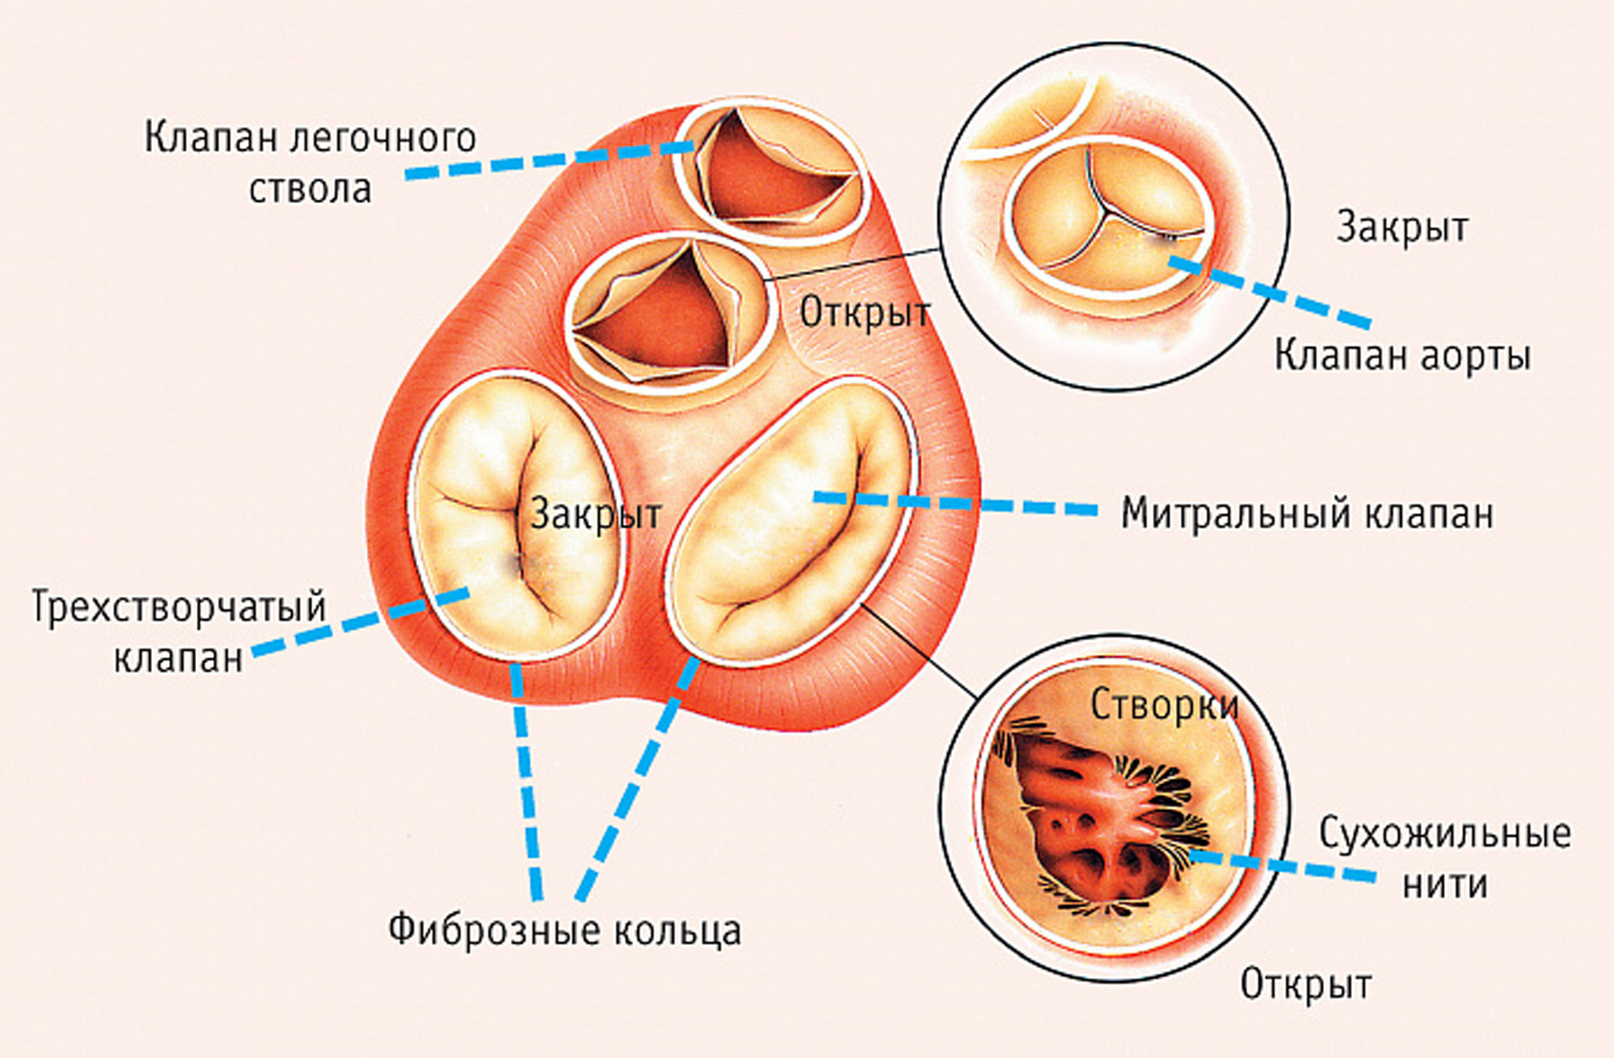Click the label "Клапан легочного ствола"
pyautogui.click(x=310, y=161)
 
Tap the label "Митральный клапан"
pyautogui.click(x=1308, y=513)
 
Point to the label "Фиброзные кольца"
pyautogui.click(x=565, y=929)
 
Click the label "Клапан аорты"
pyautogui.click(x=1402, y=356)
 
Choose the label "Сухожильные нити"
pyautogui.click(x=1444, y=857)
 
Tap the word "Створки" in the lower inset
pyautogui.click(x=1164, y=705)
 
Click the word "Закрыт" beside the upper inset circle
pyautogui.click(x=1403, y=228)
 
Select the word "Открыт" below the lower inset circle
pyautogui.click(x=1306, y=984)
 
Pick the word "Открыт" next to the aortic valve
pyautogui.click(x=865, y=312)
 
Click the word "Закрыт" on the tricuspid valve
pyautogui.click(x=596, y=514)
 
